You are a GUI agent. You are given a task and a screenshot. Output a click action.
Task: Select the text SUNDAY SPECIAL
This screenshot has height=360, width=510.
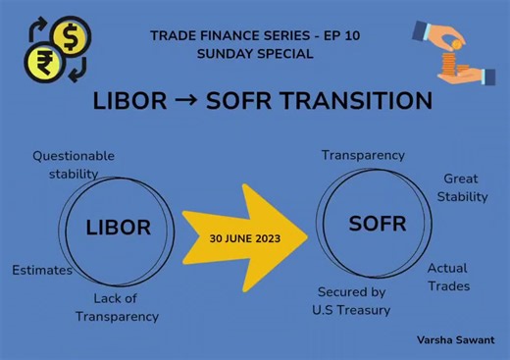tap(255, 55)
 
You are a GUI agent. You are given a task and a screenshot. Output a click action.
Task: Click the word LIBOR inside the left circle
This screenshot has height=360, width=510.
tap(118, 228)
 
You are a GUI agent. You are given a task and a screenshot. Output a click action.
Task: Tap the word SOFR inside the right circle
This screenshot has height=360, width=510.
tap(377, 225)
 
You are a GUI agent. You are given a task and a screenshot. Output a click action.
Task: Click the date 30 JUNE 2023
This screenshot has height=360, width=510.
tap(245, 238)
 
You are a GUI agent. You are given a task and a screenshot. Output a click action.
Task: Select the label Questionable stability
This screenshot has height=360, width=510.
tap(73, 165)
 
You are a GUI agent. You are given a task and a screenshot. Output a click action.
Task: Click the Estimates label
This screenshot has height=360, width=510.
tap(42, 270)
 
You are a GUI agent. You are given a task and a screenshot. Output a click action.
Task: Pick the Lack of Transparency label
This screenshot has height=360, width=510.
tap(117, 307)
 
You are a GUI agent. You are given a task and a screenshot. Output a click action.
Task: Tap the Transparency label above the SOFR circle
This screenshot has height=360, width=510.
tap(363, 155)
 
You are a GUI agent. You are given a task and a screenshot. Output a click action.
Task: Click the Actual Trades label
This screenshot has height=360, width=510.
tap(448, 277)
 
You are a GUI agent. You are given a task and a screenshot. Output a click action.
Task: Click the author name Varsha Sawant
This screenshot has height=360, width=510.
tap(455, 338)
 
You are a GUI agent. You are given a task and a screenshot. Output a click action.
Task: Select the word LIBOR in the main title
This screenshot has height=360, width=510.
tap(127, 101)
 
